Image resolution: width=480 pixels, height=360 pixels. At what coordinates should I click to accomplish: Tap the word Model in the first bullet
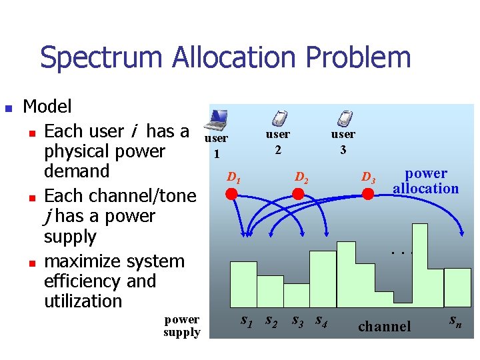click(x=47, y=107)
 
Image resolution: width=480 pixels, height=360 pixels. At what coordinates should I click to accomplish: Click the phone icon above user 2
click(x=279, y=118)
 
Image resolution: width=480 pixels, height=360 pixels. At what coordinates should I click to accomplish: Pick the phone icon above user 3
click(x=344, y=118)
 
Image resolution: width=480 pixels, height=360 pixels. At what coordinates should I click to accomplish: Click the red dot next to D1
click(x=231, y=194)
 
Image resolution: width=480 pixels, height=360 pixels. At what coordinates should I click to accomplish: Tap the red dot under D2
click(x=298, y=194)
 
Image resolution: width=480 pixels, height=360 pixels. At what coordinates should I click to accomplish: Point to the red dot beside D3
click(x=367, y=194)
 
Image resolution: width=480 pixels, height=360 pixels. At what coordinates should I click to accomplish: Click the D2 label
click(x=301, y=178)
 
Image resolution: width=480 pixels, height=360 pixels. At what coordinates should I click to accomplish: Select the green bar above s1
click(x=243, y=285)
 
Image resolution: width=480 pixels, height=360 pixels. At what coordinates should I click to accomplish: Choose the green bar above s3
click(x=323, y=279)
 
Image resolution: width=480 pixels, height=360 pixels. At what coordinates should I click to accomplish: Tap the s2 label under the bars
click(x=271, y=321)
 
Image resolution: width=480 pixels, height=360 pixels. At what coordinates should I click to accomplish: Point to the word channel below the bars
click(x=385, y=326)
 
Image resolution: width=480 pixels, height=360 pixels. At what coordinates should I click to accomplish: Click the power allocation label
click(x=426, y=181)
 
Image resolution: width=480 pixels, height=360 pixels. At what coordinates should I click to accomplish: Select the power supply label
click(x=181, y=325)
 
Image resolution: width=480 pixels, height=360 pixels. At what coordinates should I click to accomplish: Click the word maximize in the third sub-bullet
click(x=85, y=261)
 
